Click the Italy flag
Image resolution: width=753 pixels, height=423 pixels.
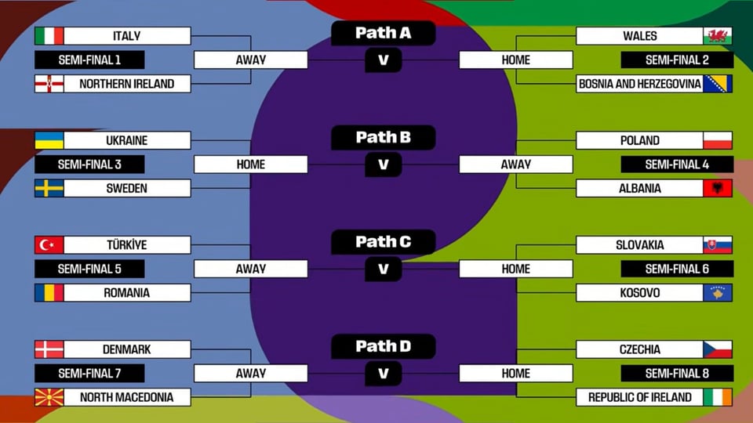(x=49, y=36)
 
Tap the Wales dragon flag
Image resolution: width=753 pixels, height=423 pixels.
(x=718, y=36)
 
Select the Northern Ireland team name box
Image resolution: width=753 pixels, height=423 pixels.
(x=127, y=84)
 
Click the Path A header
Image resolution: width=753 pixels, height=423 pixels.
(x=384, y=33)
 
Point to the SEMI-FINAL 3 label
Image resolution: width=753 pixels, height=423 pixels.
(x=89, y=164)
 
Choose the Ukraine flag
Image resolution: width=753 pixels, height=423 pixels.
(x=49, y=140)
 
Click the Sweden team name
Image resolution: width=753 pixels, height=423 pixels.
(x=127, y=189)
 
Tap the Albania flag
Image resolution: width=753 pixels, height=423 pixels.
(x=718, y=189)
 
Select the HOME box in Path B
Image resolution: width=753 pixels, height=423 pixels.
(x=251, y=164)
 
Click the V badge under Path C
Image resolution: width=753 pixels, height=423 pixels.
(x=384, y=269)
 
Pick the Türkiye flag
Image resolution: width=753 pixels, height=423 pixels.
(x=49, y=245)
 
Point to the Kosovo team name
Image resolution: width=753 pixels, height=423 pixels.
(x=640, y=293)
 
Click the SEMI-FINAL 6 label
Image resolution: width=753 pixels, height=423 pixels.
(x=677, y=269)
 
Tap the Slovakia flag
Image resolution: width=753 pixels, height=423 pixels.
(x=718, y=245)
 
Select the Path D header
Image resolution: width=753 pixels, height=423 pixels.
(x=384, y=346)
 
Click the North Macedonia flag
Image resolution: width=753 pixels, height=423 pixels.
(x=49, y=398)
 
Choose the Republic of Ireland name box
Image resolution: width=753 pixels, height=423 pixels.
(x=640, y=398)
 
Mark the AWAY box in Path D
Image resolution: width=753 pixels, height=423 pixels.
(x=251, y=374)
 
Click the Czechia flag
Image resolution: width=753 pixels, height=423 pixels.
(x=718, y=349)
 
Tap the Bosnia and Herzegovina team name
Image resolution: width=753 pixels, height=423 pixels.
(x=640, y=84)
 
